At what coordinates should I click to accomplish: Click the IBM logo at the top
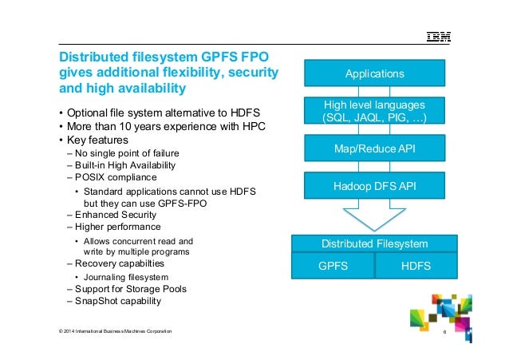pyautogui.click(x=437, y=37)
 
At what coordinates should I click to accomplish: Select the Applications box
pyautogui.click(x=374, y=74)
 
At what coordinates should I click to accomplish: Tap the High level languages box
pyautogui.click(x=374, y=111)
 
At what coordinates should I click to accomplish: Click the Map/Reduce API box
pyautogui.click(x=374, y=148)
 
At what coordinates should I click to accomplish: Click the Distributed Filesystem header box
pyautogui.click(x=374, y=243)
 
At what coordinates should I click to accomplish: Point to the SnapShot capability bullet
pyautogui.click(x=118, y=301)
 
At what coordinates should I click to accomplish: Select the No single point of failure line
pyautogui.click(x=128, y=152)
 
